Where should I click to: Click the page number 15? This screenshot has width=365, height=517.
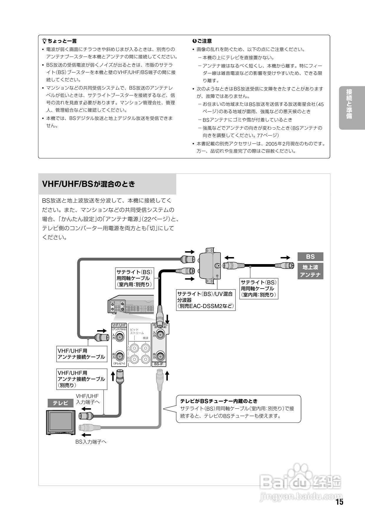tap(339, 502)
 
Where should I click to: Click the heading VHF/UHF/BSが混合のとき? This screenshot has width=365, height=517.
tap(89, 184)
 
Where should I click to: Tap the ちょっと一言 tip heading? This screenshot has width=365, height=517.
tap(60, 41)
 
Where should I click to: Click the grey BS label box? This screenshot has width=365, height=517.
tap(310, 256)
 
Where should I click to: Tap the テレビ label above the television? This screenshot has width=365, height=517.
tap(60, 403)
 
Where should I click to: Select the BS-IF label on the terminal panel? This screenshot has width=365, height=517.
tap(159, 364)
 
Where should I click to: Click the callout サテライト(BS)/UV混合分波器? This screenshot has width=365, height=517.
tap(205, 300)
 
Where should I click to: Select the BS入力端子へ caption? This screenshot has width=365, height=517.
tap(91, 442)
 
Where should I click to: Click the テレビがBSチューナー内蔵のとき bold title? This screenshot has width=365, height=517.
tap(219, 401)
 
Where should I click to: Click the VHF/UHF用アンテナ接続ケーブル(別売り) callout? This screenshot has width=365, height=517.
tap(82, 379)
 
